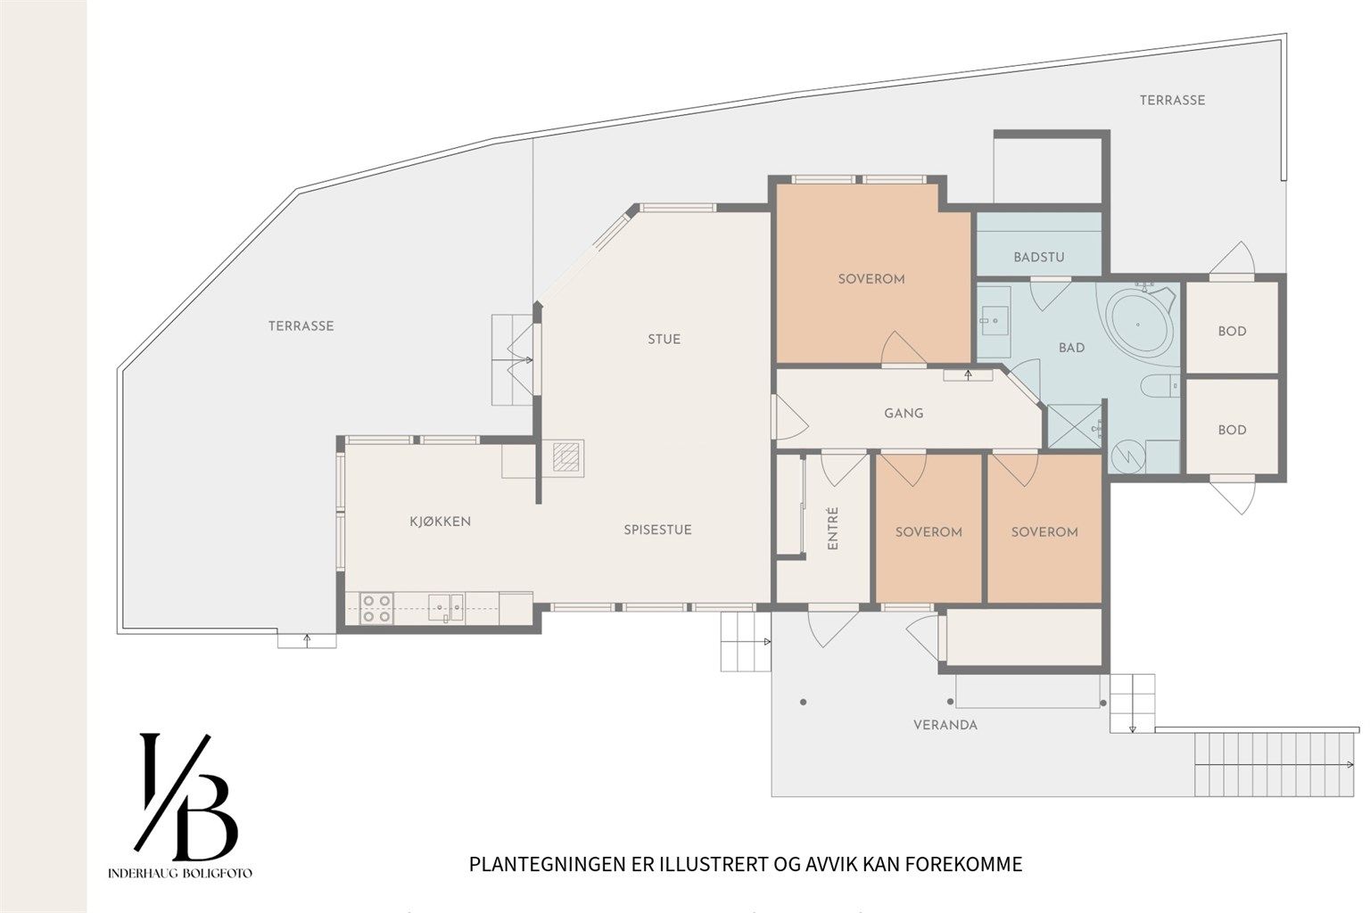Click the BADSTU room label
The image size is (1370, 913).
(x=1039, y=258)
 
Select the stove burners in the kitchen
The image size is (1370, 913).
(x=376, y=608)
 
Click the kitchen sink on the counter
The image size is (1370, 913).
(x=444, y=607)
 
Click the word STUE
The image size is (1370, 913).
(x=664, y=339)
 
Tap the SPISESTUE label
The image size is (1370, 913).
(x=657, y=530)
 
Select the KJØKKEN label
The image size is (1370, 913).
(x=440, y=522)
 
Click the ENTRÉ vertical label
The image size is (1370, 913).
(x=833, y=528)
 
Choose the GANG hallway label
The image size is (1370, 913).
(x=904, y=414)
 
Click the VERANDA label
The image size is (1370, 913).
(x=945, y=725)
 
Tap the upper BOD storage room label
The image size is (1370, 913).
(x=1232, y=332)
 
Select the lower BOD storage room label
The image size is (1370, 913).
(x=1232, y=430)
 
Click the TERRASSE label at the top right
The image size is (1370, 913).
(x=1172, y=101)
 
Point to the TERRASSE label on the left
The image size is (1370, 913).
(x=301, y=326)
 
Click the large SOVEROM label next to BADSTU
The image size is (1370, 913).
(x=871, y=279)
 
